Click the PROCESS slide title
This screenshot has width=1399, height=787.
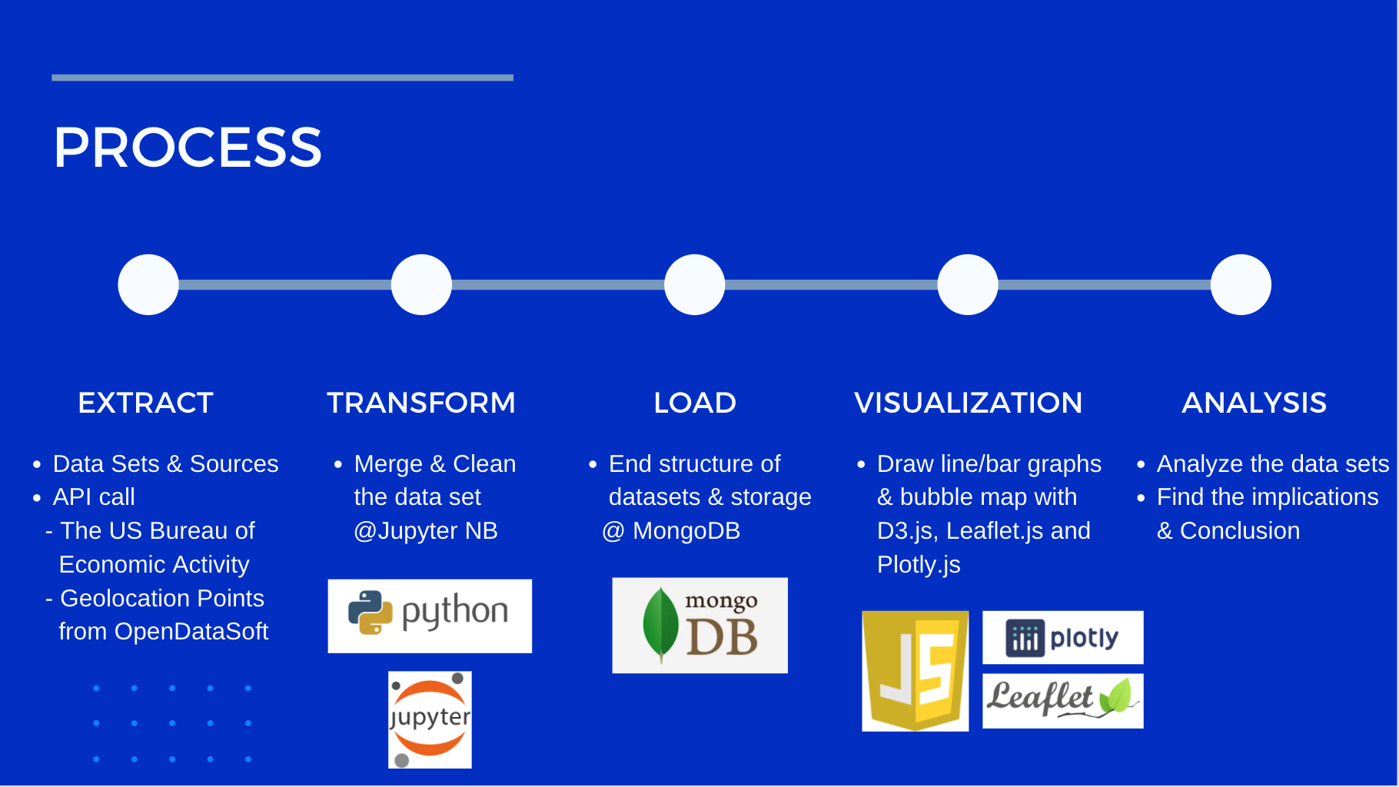point(188,147)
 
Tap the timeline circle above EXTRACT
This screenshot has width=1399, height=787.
point(148,284)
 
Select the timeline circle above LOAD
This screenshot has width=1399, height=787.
point(695,284)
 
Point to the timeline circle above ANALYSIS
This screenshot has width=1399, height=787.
point(1241,284)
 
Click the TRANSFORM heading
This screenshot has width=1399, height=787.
point(421,403)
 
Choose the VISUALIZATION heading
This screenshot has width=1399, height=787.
point(968,403)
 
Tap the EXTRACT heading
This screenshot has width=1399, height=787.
point(145,403)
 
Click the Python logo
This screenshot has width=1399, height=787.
point(430,616)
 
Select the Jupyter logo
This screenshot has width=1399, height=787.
point(430,719)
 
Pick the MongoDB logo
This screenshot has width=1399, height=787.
point(700,625)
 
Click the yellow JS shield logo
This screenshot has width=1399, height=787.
point(915,671)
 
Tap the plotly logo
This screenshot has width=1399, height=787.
point(1063,637)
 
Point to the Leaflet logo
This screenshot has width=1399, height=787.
point(1063,701)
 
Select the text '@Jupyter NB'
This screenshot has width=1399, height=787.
point(426,531)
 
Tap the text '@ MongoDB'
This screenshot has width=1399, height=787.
point(671,531)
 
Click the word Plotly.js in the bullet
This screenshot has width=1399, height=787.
point(919,565)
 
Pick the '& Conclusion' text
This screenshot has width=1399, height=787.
point(1228,531)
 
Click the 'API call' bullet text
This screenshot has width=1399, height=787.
point(94,497)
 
